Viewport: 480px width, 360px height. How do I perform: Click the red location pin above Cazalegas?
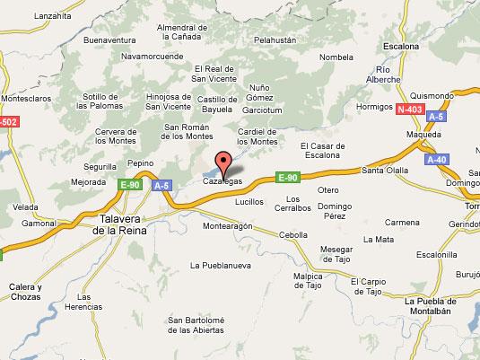(224, 162)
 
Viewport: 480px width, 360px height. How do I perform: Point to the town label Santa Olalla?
(383, 170)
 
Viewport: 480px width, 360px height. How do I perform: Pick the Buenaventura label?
(109, 40)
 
